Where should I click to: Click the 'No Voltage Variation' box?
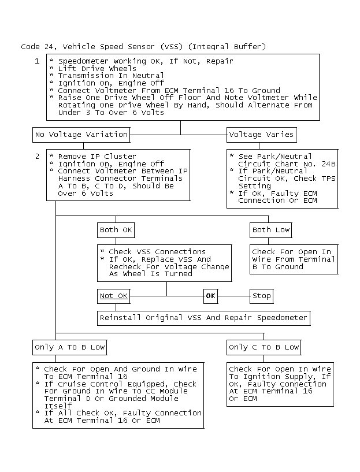click(81, 135)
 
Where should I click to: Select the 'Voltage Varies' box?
click(261, 135)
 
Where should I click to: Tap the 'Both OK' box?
click(116, 230)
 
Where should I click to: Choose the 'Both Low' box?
click(270, 230)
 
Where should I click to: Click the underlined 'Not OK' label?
click(113, 296)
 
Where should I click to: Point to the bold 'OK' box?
click(210, 296)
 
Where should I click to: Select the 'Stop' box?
click(261, 296)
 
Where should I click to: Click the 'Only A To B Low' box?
click(70, 347)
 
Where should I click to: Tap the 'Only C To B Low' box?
click(264, 347)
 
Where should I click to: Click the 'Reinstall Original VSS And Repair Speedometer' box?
click(203, 318)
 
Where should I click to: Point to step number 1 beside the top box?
click(37, 61)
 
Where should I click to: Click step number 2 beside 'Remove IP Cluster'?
click(37, 156)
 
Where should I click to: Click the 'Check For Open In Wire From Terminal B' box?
click(294, 259)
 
